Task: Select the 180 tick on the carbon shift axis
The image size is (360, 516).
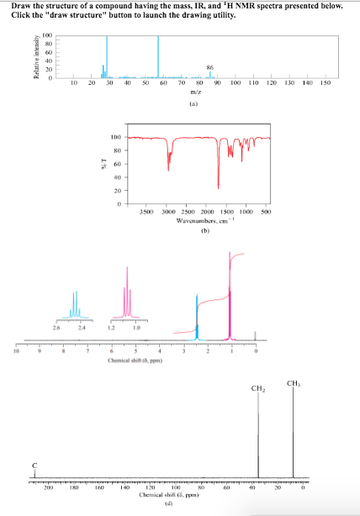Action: pyautogui.click(x=74, y=487)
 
